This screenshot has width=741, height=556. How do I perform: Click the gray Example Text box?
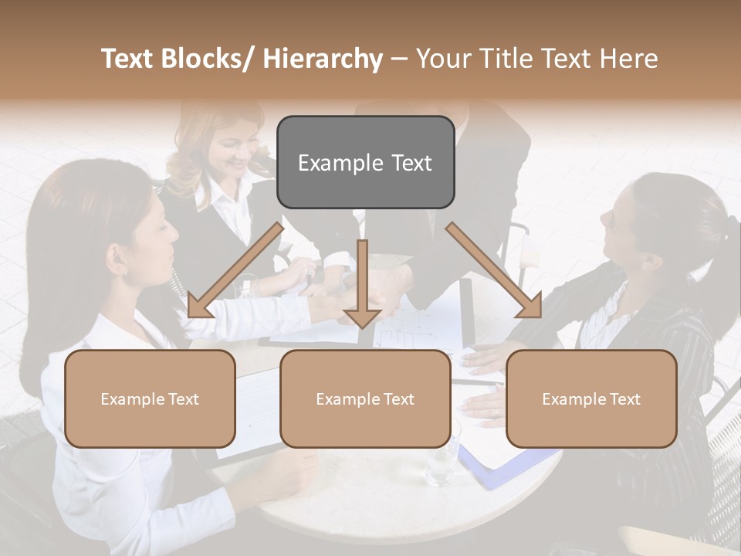pyautogui.click(x=365, y=162)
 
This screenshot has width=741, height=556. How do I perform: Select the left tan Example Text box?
pyautogui.click(x=150, y=398)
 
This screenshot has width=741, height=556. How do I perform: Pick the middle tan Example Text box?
pyautogui.click(x=365, y=398)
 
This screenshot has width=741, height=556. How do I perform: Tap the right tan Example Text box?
pyautogui.click(x=591, y=398)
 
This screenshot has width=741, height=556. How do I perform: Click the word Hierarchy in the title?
pyautogui.click(x=323, y=59)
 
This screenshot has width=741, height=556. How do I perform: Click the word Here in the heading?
pyautogui.click(x=631, y=59)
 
